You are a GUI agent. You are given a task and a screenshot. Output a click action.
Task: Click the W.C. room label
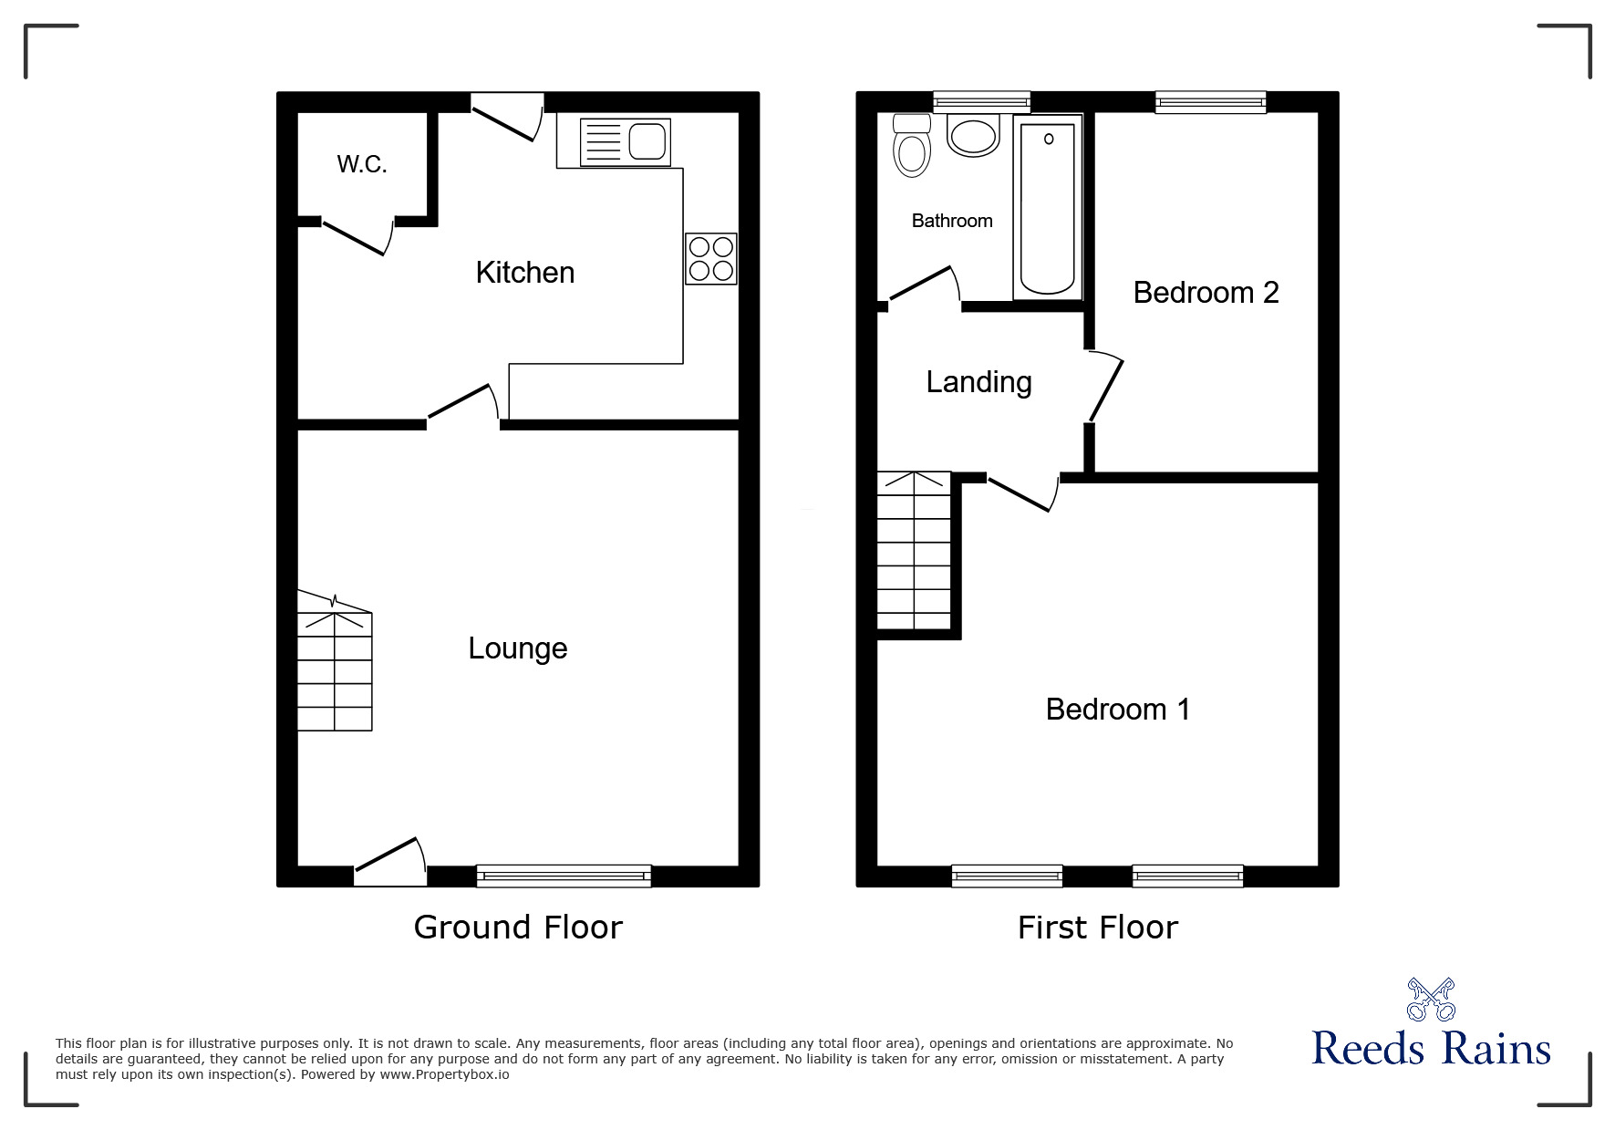pyautogui.click(x=362, y=164)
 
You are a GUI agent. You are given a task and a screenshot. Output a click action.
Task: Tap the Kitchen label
pyautogui.click(x=524, y=273)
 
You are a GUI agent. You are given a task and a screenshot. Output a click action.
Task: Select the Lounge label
pyautogui.click(x=517, y=648)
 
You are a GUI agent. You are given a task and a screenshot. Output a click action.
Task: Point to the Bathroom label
pyautogui.click(x=951, y=221)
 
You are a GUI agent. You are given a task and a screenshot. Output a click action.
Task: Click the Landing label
pyautogui.click(x=978, y=382)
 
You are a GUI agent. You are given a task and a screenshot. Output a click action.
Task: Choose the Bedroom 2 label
pyautogui.click(x=1206, y=293)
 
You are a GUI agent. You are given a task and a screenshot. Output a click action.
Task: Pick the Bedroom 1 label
pyautogui.click(x=1117, y=710)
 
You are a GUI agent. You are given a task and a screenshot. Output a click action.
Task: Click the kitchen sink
pyautogui.click(x=626, y=142)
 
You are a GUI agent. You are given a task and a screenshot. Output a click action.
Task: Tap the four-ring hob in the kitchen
pyautogui.click(x=711, y=259)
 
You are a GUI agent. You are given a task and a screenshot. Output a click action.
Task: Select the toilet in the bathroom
pyautogui.click(x=911, y=147)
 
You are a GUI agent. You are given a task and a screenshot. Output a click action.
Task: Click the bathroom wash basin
pyautogui.click(x=974, y=136)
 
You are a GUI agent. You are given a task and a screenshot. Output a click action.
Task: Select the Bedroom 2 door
pyautogui.click(x=1105, y=389)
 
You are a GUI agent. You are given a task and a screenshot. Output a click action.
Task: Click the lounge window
pyautogui.click(x=564, y=876)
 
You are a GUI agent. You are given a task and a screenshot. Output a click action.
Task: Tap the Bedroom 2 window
pyautogui.click(x=1210, y=102)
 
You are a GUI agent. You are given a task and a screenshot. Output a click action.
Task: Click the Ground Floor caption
pyautogui.click(x=517, y=928)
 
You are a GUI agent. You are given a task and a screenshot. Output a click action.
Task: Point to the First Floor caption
pyautogui.click(x=1097, y=928)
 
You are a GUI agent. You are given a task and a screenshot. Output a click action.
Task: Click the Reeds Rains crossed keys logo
pyautogui.click(x=1430, y=1000)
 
